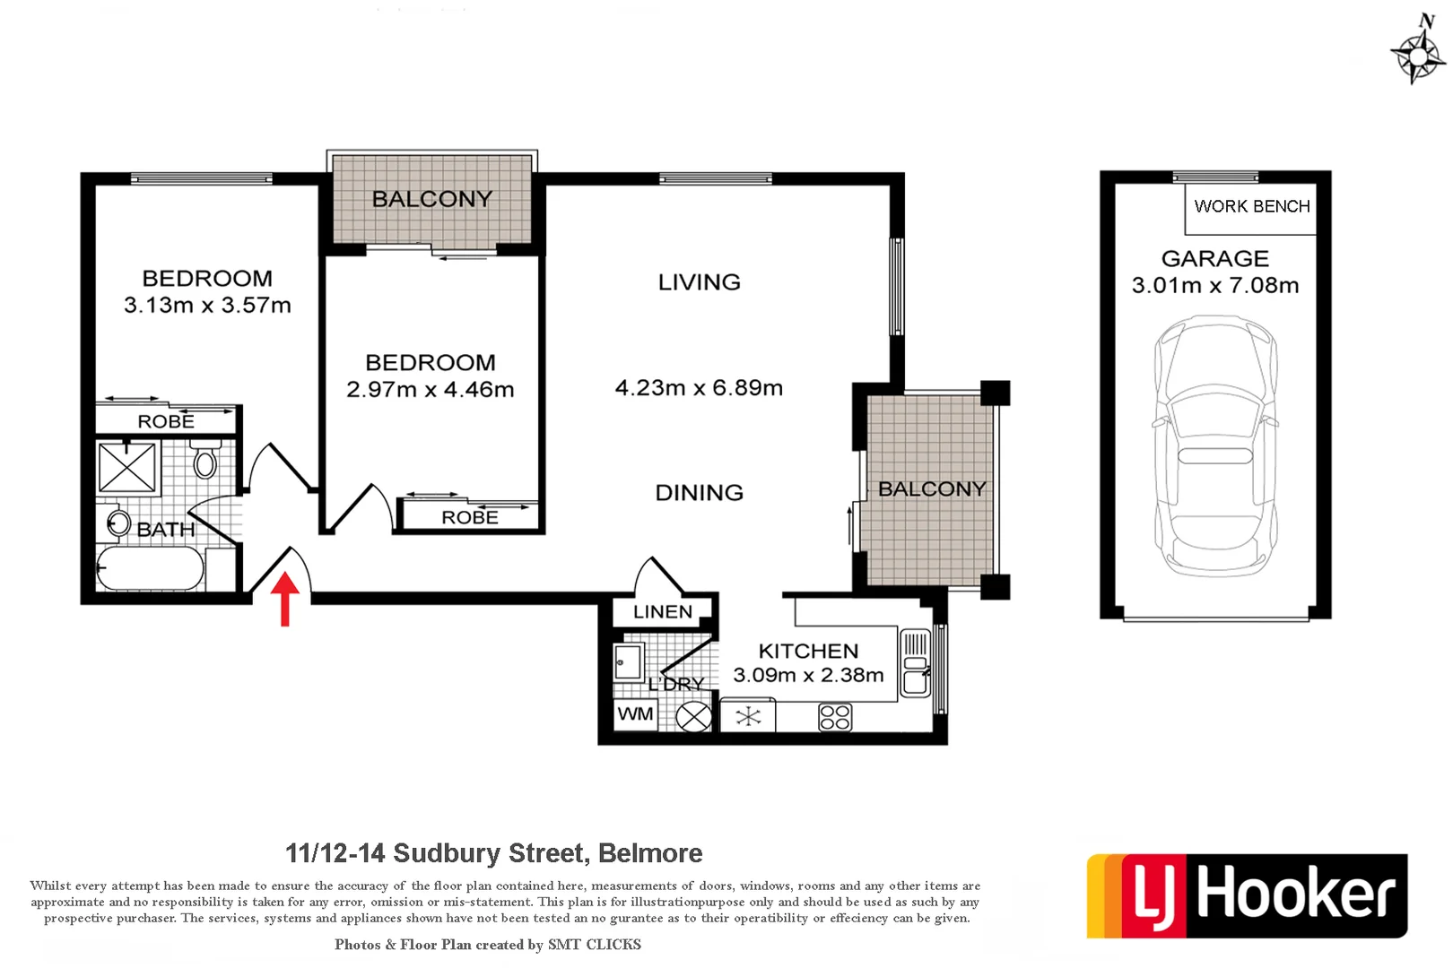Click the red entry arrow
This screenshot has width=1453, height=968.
point(284,598)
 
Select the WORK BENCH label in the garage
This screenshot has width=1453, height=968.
point(1251,207)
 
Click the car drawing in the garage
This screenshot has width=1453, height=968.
point(1215,445)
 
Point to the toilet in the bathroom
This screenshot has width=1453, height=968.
point(205,461)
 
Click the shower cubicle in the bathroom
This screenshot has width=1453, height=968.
point(126,467)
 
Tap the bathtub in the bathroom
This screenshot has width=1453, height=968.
point(149,568)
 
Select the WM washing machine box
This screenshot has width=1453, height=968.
point(636,714)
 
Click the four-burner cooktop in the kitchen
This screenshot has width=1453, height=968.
point(834,717)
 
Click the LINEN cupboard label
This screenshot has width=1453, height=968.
point(663,612)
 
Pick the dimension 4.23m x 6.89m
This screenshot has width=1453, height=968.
point(699,388)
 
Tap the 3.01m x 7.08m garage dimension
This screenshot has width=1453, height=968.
point(1215,286)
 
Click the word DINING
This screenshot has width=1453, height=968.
point(699,493)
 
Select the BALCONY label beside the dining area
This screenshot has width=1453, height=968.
point(932,489)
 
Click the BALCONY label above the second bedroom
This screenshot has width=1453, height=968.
point(431,199)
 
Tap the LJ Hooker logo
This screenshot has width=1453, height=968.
point(1246,895)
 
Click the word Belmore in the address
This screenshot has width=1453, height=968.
point(650,853)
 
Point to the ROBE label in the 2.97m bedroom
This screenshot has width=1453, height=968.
point(469,517)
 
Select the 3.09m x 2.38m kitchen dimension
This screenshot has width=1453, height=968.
point(808,676)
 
